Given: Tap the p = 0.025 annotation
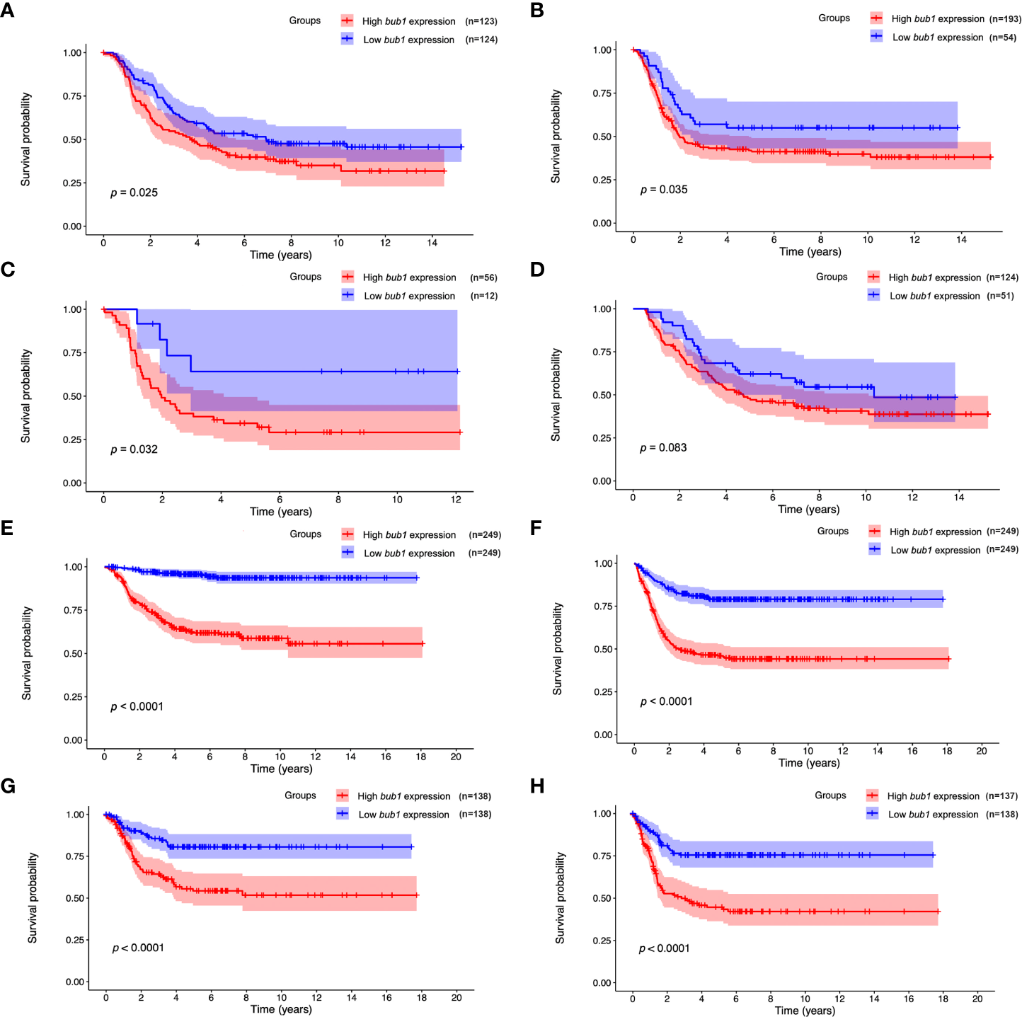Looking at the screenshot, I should point(134,193).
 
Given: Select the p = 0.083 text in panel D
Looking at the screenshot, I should point(663,447).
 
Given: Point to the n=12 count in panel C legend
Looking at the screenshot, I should point(484,296).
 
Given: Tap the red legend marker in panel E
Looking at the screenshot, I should point(348,534).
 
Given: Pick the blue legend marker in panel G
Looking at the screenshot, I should point(343,814).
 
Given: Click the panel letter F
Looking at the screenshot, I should point(536,528).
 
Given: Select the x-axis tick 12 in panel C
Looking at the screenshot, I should point(456,499).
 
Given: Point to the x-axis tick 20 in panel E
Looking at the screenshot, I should point(456,756).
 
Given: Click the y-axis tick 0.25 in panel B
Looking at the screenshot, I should point(602,180).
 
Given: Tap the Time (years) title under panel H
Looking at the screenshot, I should point(805,1010).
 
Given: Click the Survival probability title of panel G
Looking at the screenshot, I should point(33,897).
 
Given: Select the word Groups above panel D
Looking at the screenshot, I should point(832,277).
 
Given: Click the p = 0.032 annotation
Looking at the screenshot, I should point(134,449).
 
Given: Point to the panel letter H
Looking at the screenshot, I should point(537,786).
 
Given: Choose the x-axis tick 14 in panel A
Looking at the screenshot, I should point(432,243).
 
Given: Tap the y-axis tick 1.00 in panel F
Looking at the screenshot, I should point(604,563).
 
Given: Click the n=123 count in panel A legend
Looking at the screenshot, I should point(481,21).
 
